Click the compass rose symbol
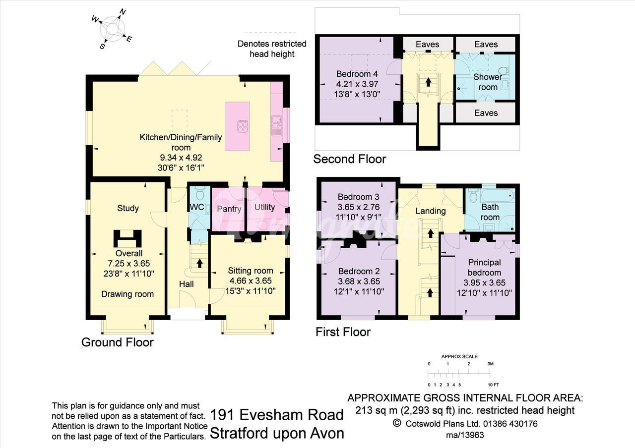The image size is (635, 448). (112, 29)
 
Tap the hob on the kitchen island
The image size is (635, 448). (243, 126)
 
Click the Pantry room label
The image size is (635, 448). (229, 209)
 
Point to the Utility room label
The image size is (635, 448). (264, 207)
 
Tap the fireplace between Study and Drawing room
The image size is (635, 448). (127, 238)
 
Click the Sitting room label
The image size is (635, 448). (251, 271)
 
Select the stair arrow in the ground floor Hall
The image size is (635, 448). (199, 263)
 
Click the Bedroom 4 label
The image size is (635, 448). (357, 74)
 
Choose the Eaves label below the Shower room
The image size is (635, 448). (486, 113)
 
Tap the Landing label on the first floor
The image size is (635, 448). (431, 211)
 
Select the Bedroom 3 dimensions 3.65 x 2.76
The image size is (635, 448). (359, 207)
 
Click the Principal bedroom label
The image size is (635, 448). (485, 268)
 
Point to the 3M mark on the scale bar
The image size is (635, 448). (490, 364)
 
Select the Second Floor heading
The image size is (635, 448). (350, 159)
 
